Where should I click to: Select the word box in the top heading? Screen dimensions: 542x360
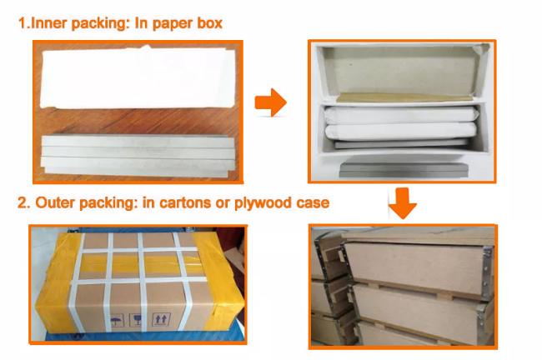coord(209,23)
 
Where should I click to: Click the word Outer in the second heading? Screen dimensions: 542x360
coord(55,202)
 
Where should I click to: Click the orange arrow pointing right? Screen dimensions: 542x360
coord(271,102)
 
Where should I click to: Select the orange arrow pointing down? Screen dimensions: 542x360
coord(403,203)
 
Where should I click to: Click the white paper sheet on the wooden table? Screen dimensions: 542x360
coord(138,77)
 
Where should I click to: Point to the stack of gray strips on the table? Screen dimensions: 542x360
coord(138,156)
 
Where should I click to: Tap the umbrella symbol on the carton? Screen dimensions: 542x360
coord(117,321)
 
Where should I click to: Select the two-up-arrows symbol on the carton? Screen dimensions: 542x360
coord(162,319)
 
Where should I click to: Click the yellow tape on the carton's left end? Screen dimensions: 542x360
coord(58,283)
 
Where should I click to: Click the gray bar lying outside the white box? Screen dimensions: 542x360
coord(404,170)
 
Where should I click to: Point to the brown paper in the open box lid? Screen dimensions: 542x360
coord(404,97)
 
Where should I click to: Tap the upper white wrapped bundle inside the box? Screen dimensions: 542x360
coord(401,115)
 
